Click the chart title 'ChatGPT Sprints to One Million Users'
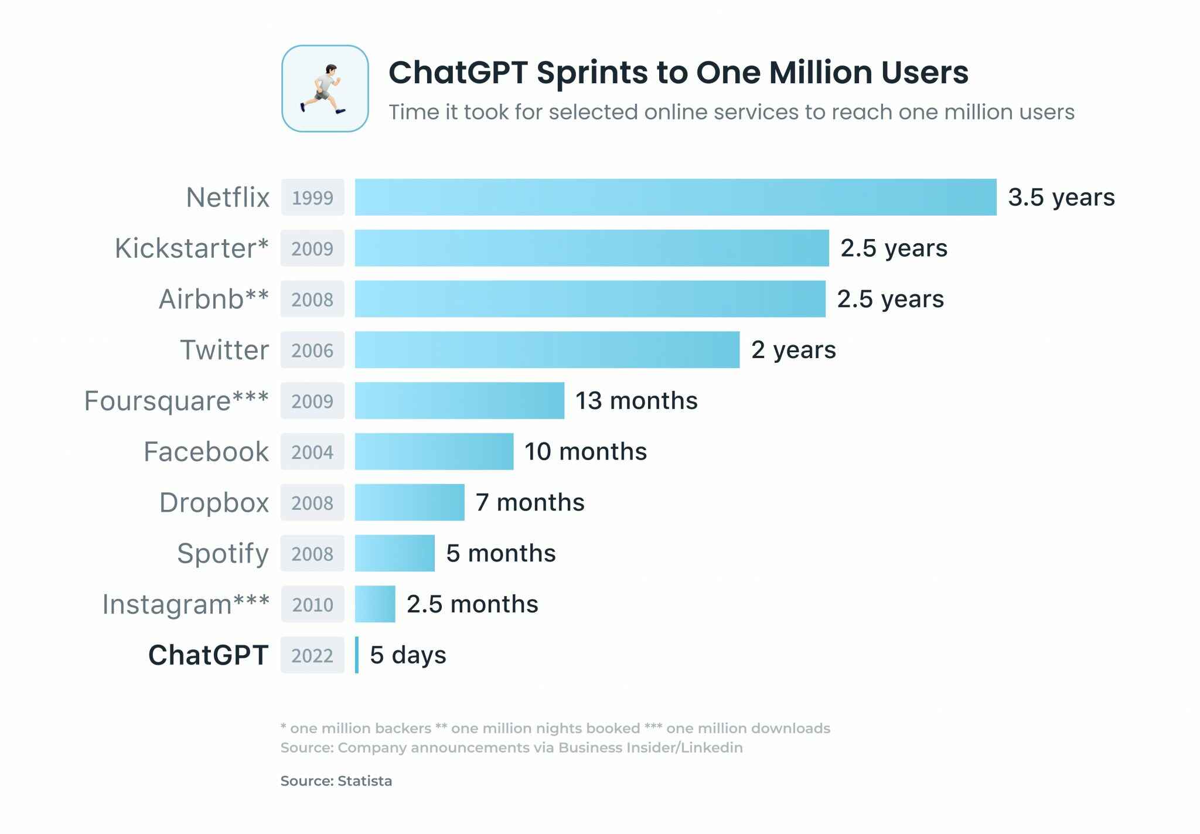tap(678, 73)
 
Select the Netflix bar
tap(675, 198)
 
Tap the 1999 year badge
tap(312, 198)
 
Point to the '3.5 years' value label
tap(1061, 198)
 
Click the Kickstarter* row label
tap(192, 249)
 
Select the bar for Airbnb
tap(589, 299)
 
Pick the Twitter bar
tap(547, 350)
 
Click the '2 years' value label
tap(793, 350)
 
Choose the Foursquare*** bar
tap(459, 401)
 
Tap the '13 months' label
tap(636, 401)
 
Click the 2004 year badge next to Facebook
tap(312, 452)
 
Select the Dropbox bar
tap(410, 502)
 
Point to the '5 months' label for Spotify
tap(500, 553)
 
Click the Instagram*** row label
tap(186, 604)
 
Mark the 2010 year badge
tap(312, 604)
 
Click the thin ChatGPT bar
tap(357, 655)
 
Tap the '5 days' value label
tap(408, 655)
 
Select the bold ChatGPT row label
tap(208, 655)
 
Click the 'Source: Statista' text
tap(336, 781)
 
